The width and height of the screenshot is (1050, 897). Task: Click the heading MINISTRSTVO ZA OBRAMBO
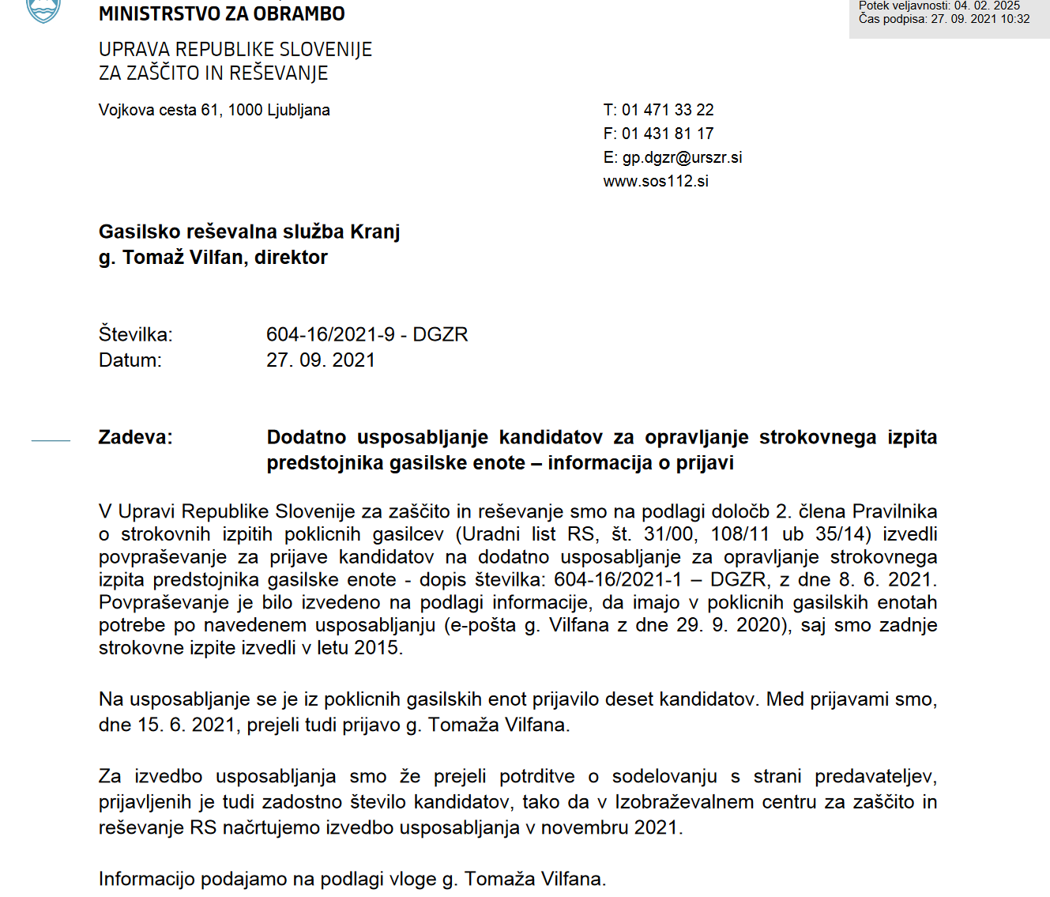[221, 14]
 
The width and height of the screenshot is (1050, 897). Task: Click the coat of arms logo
[43, 10]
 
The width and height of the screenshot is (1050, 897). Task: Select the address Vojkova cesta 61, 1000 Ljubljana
[214, 110]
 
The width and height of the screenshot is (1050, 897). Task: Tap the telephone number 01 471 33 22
[668, 110]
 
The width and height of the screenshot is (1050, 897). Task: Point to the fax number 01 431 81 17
[668, 134]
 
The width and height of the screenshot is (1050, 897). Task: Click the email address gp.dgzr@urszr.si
[682, 157]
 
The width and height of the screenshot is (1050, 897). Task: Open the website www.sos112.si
[656, 181]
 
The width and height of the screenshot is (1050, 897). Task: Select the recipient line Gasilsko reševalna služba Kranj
[249, 232]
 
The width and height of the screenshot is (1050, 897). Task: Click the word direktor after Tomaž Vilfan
[291, 258]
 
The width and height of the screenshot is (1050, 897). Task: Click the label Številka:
[135, 334]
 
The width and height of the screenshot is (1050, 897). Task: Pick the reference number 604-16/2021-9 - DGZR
[367, 334]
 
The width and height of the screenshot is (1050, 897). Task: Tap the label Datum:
[130, 360]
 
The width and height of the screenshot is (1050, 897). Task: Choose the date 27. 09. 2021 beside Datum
[320, 360]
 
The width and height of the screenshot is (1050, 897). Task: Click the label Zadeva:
[135, 437]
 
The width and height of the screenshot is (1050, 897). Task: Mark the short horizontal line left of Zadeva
[51, 440]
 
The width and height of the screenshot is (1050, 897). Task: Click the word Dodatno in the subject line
[307, 437]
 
